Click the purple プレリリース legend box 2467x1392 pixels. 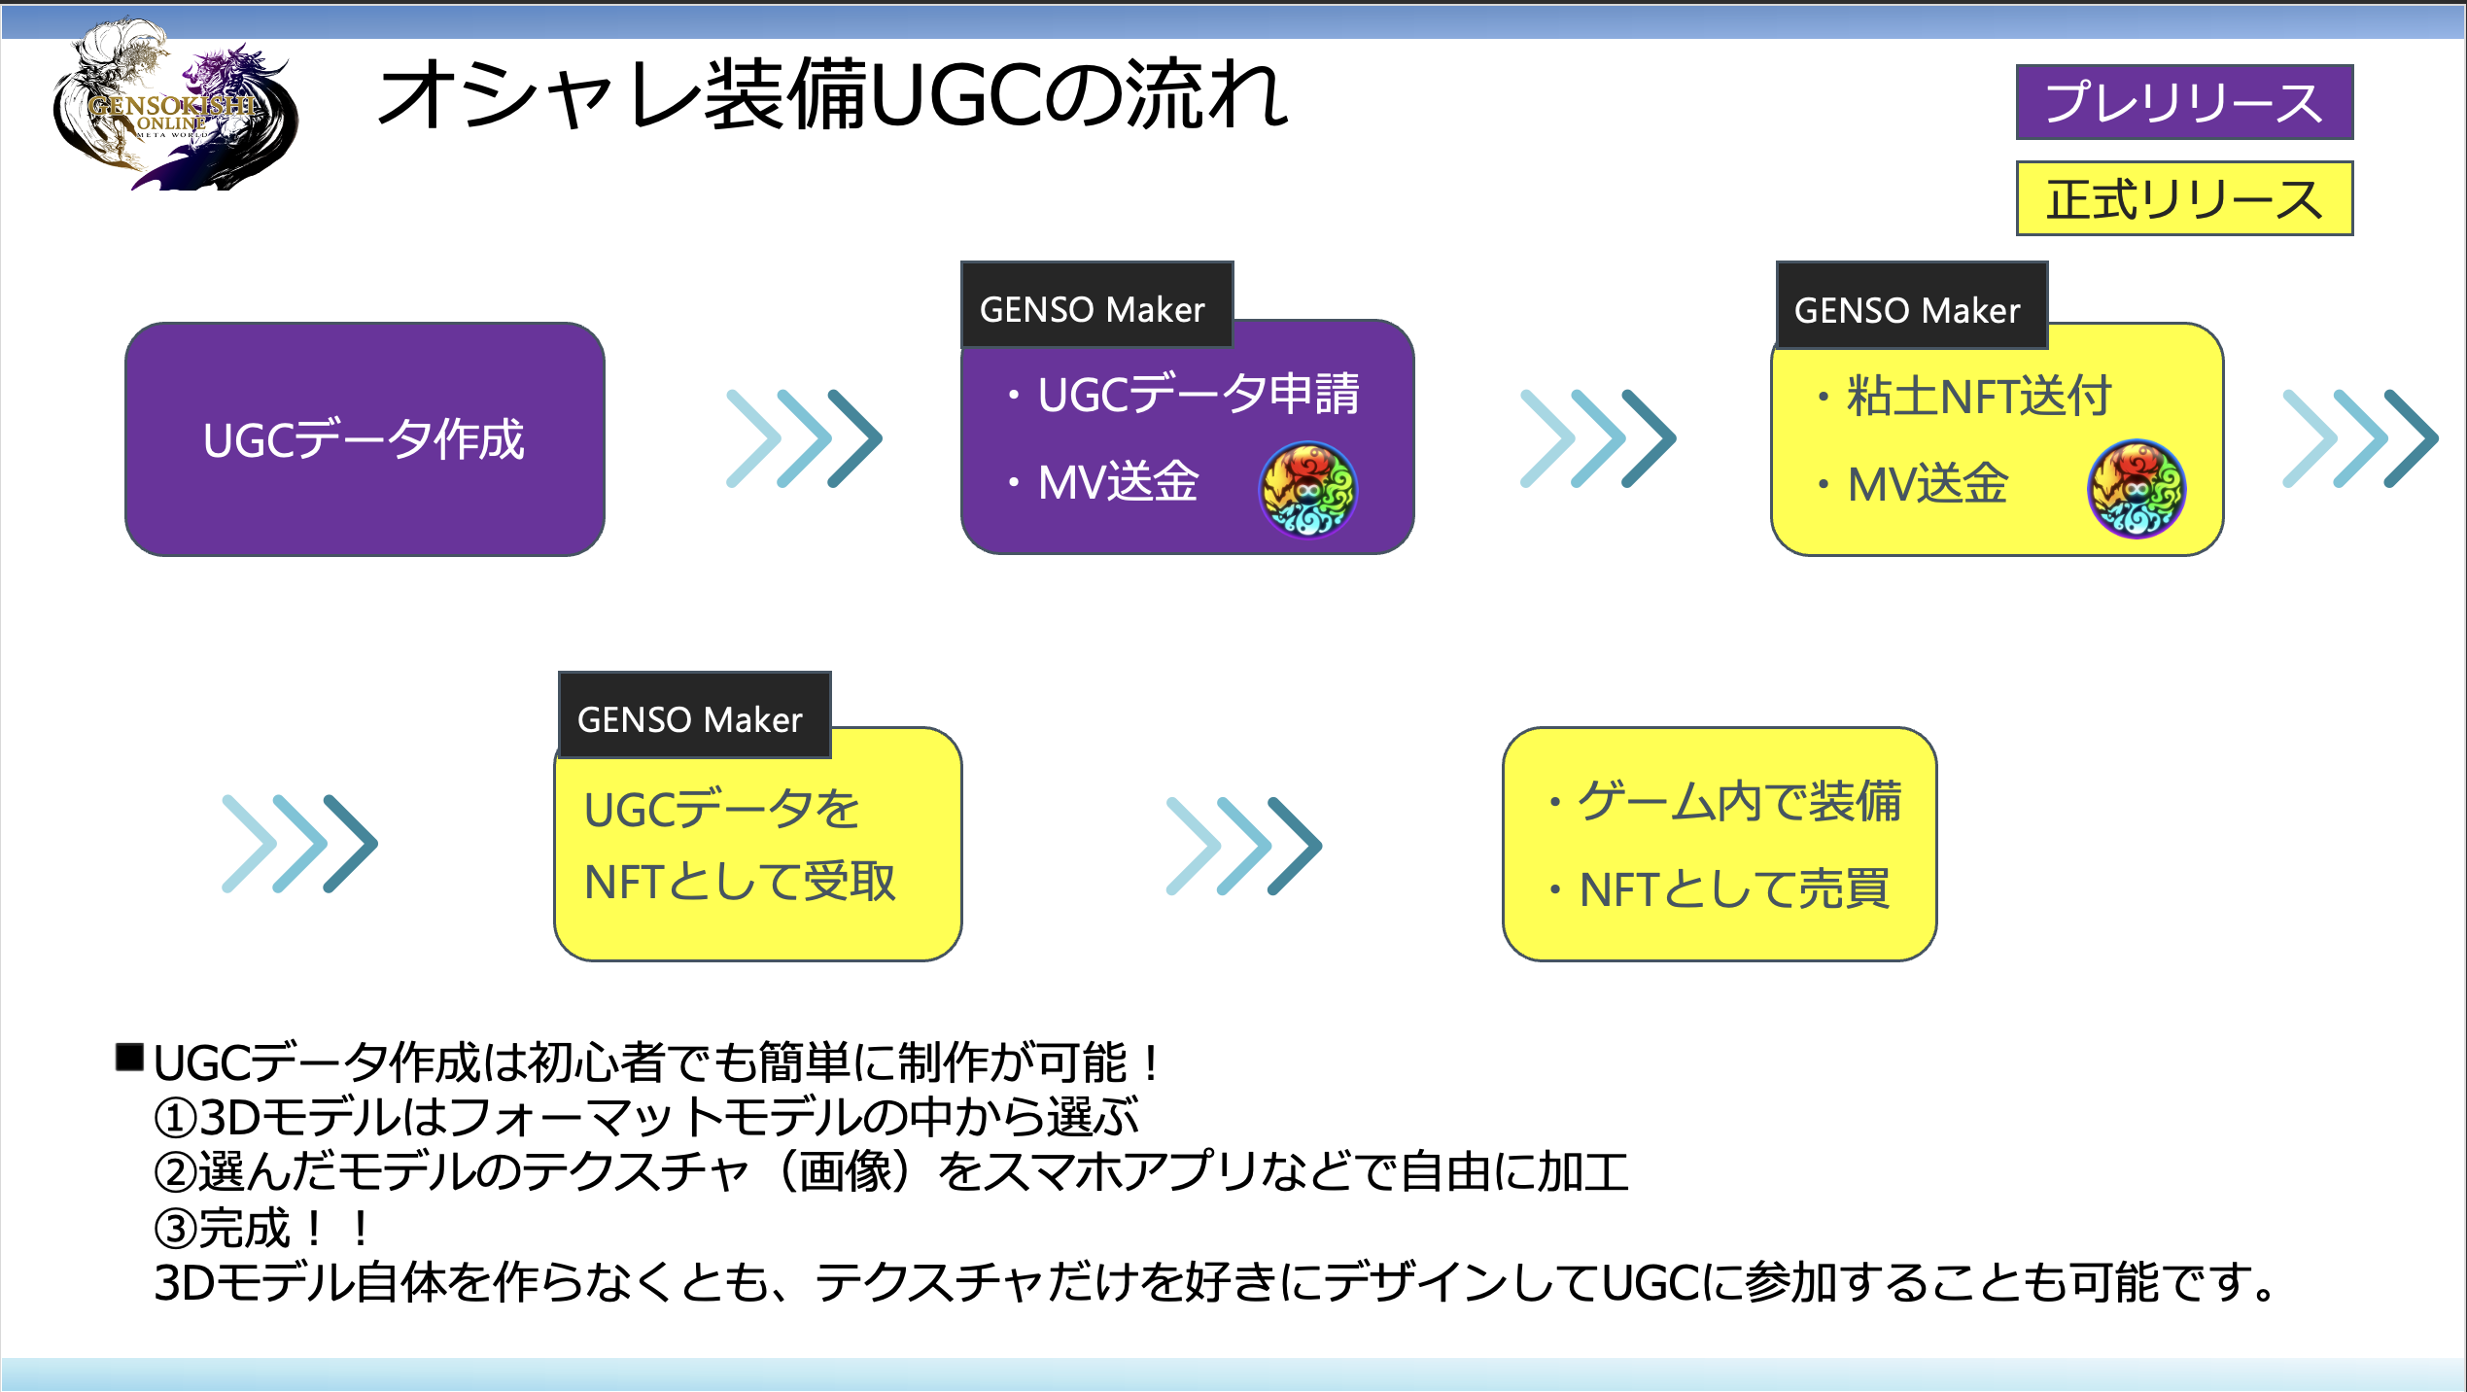click(2183, 102)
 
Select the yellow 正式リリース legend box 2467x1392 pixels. click(2183, 199)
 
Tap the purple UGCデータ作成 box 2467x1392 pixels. click(365, 439)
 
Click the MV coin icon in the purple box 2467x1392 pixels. click(1307, 489)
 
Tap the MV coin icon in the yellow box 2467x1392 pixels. click(2136, 489)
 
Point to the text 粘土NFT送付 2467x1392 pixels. click(1978, 397)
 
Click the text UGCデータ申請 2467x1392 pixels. click(1198, 395)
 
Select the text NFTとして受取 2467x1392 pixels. click(739, 883)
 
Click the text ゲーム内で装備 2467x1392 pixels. click(1738, 802)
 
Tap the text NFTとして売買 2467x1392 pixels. click(1734, 888)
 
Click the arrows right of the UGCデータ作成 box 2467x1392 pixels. click(804, 438)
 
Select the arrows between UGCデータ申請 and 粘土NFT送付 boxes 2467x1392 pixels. click(1597, 438)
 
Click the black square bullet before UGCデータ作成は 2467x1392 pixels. click(129, 1058)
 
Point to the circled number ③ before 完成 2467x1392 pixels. click(176, 1229)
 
